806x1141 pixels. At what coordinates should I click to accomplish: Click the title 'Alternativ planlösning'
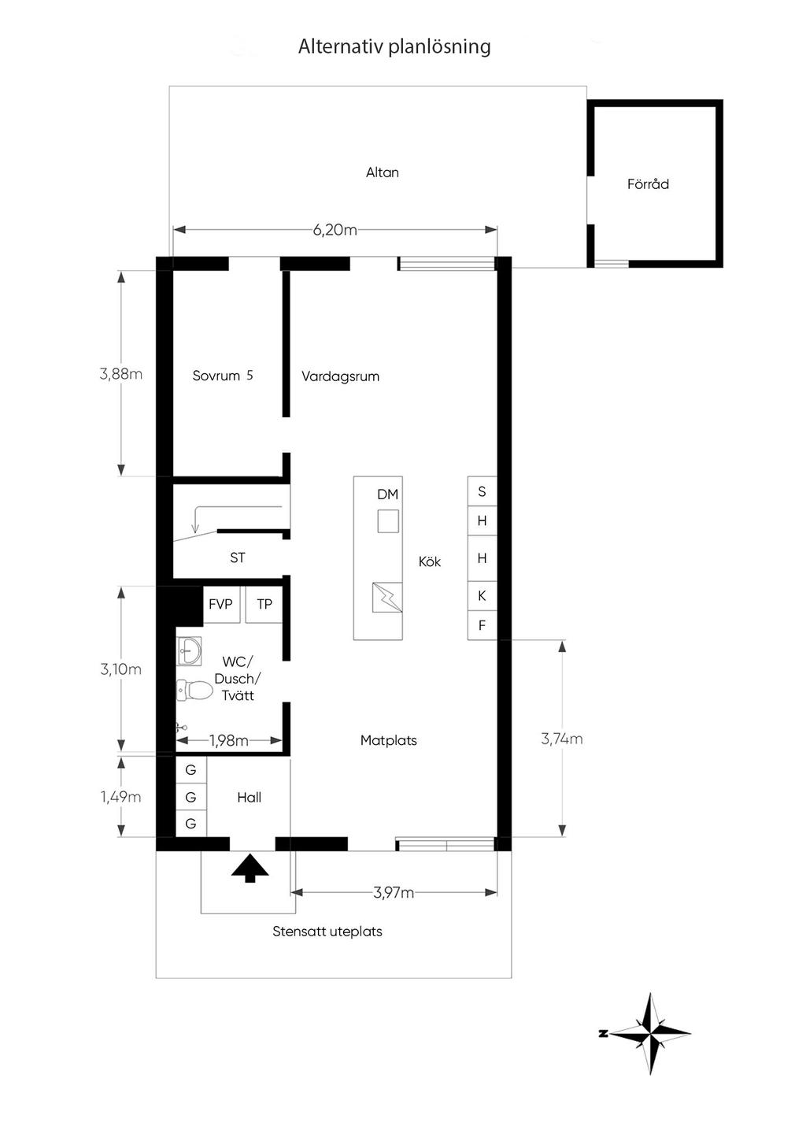point(394,47)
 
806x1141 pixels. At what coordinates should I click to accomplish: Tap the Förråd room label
point(648,184)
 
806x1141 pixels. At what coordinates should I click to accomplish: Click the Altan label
point(382,172)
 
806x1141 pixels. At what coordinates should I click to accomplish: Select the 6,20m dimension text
point(335,230)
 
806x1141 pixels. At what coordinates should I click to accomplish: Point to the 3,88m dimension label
point(120,374)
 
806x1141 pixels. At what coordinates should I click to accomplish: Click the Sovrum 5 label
point(223,376)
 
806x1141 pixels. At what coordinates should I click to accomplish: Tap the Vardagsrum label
point(340,376)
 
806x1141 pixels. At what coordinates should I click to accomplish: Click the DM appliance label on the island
point(387,494)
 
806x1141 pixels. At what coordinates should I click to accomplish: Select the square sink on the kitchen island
point(388,521)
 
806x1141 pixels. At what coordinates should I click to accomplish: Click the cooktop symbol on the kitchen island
point(387,598)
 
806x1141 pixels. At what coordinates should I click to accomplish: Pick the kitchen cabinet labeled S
point(482,491)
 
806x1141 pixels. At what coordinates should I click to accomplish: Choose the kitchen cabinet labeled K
point(482,595)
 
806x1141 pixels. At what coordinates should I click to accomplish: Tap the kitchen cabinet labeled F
point(482,625)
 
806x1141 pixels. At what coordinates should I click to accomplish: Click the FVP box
point(221,604)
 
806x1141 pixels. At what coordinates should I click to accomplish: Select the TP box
point(264,604)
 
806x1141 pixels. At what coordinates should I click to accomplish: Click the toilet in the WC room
point(194,691)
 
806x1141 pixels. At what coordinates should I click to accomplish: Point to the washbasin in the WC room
point(189,651)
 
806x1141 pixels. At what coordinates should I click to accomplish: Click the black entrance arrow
point(250,868)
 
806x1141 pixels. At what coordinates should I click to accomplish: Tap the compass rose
point(649,1034)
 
